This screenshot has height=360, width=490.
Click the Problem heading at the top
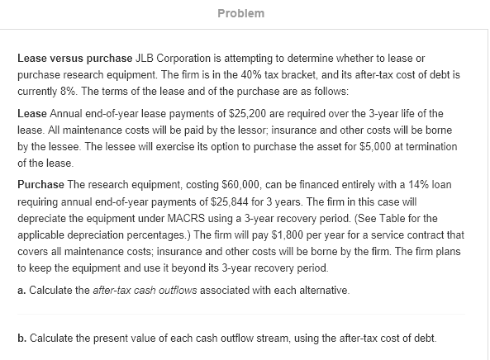[245, 14]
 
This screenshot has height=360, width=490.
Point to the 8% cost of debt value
[69, 89]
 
